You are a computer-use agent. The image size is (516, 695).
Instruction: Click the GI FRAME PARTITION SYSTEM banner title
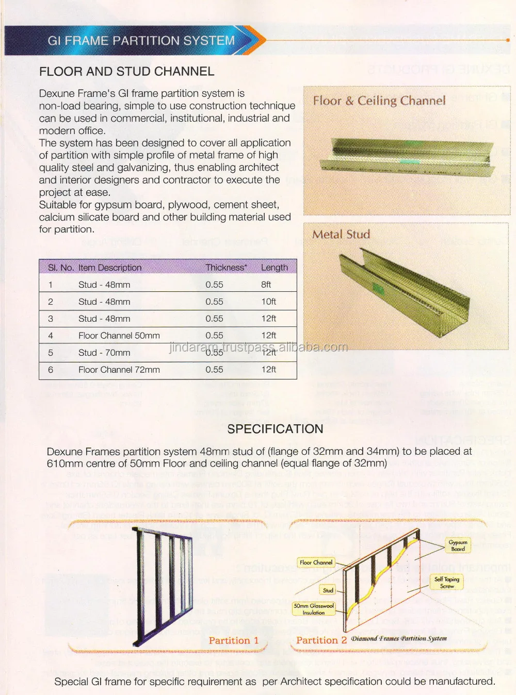[141, 40]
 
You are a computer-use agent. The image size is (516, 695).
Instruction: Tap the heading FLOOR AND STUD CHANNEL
[126, 72]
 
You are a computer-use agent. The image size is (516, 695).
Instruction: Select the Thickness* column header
[226, 267]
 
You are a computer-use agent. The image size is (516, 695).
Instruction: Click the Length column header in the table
[274, 267]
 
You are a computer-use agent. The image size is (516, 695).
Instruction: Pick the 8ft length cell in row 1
[266, 285]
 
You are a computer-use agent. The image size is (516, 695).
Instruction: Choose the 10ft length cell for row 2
[268, 302]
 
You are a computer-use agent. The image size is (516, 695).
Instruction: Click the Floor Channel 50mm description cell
[119, 336]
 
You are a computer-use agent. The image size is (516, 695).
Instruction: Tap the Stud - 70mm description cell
[104, 353]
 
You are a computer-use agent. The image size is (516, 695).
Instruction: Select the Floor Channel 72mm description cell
[119, 370]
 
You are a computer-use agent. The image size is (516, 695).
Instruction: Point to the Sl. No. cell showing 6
[51, 370]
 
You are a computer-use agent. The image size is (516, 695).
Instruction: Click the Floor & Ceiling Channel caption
[379, 101]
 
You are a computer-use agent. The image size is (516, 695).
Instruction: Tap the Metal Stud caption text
[341, 234]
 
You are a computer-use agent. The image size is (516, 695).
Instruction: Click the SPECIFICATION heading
[275, 429]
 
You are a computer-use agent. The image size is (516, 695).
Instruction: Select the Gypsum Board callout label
[458, 545]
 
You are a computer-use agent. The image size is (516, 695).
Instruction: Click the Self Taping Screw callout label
[446, 583]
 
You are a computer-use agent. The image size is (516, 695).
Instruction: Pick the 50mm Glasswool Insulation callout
[314, 609]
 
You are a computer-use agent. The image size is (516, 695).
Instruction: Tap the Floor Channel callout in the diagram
[316, 562]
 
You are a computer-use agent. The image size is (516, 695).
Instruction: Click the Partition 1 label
[233, 640]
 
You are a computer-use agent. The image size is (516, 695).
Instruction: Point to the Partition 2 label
[321, 640]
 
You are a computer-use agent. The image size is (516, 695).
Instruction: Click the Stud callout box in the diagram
[328, 590]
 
